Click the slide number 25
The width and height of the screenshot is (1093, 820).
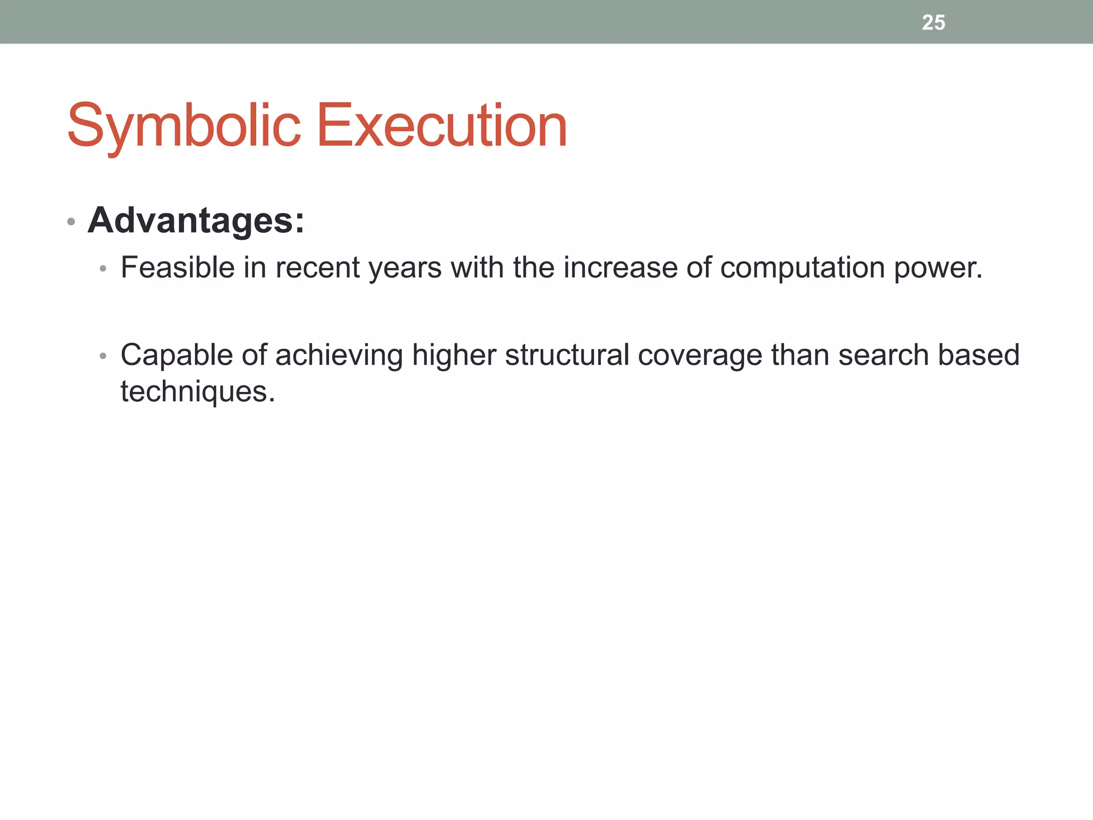[933, 22]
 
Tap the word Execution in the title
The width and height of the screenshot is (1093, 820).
[442, 126]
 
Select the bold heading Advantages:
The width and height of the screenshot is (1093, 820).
[196, 220]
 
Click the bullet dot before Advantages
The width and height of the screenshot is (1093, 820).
[71, 222]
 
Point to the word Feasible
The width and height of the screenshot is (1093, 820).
[177, 267]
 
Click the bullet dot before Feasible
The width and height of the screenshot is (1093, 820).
[103, 269]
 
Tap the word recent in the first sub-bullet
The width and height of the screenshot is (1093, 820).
[318, 267]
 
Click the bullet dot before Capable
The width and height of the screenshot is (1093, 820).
[103, 356]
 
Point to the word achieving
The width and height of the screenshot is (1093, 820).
[339, 356]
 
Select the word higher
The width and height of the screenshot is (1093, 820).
[454, 356]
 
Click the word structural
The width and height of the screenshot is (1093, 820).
[567, 356]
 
